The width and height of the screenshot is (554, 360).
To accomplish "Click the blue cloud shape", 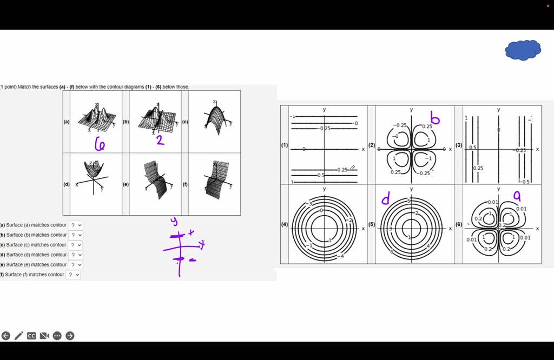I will coord(523,50).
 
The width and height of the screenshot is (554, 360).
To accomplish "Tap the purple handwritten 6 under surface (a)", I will coord(100,144).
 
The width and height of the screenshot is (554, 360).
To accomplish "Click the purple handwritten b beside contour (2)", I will coord(434,118).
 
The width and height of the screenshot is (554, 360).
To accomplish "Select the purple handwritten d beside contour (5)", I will coord(386,200).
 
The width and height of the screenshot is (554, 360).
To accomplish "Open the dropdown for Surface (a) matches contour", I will coord(76,225).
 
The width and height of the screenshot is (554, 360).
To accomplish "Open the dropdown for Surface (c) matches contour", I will coord(76,245).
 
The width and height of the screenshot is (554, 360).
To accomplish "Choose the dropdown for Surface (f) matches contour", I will coord(73,275).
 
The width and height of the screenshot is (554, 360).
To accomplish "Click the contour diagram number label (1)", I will coord(285,145).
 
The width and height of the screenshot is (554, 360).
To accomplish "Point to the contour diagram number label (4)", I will coord(285,224).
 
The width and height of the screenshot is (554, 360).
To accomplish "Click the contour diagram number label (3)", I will coord(459,145).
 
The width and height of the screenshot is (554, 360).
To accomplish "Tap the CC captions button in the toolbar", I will coord(31,336).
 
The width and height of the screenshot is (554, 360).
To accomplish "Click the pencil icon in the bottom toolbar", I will coord(18,336).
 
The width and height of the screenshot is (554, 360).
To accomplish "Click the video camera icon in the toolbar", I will coord(44,336).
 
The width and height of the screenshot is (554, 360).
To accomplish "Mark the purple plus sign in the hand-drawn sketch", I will coord(190,233).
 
